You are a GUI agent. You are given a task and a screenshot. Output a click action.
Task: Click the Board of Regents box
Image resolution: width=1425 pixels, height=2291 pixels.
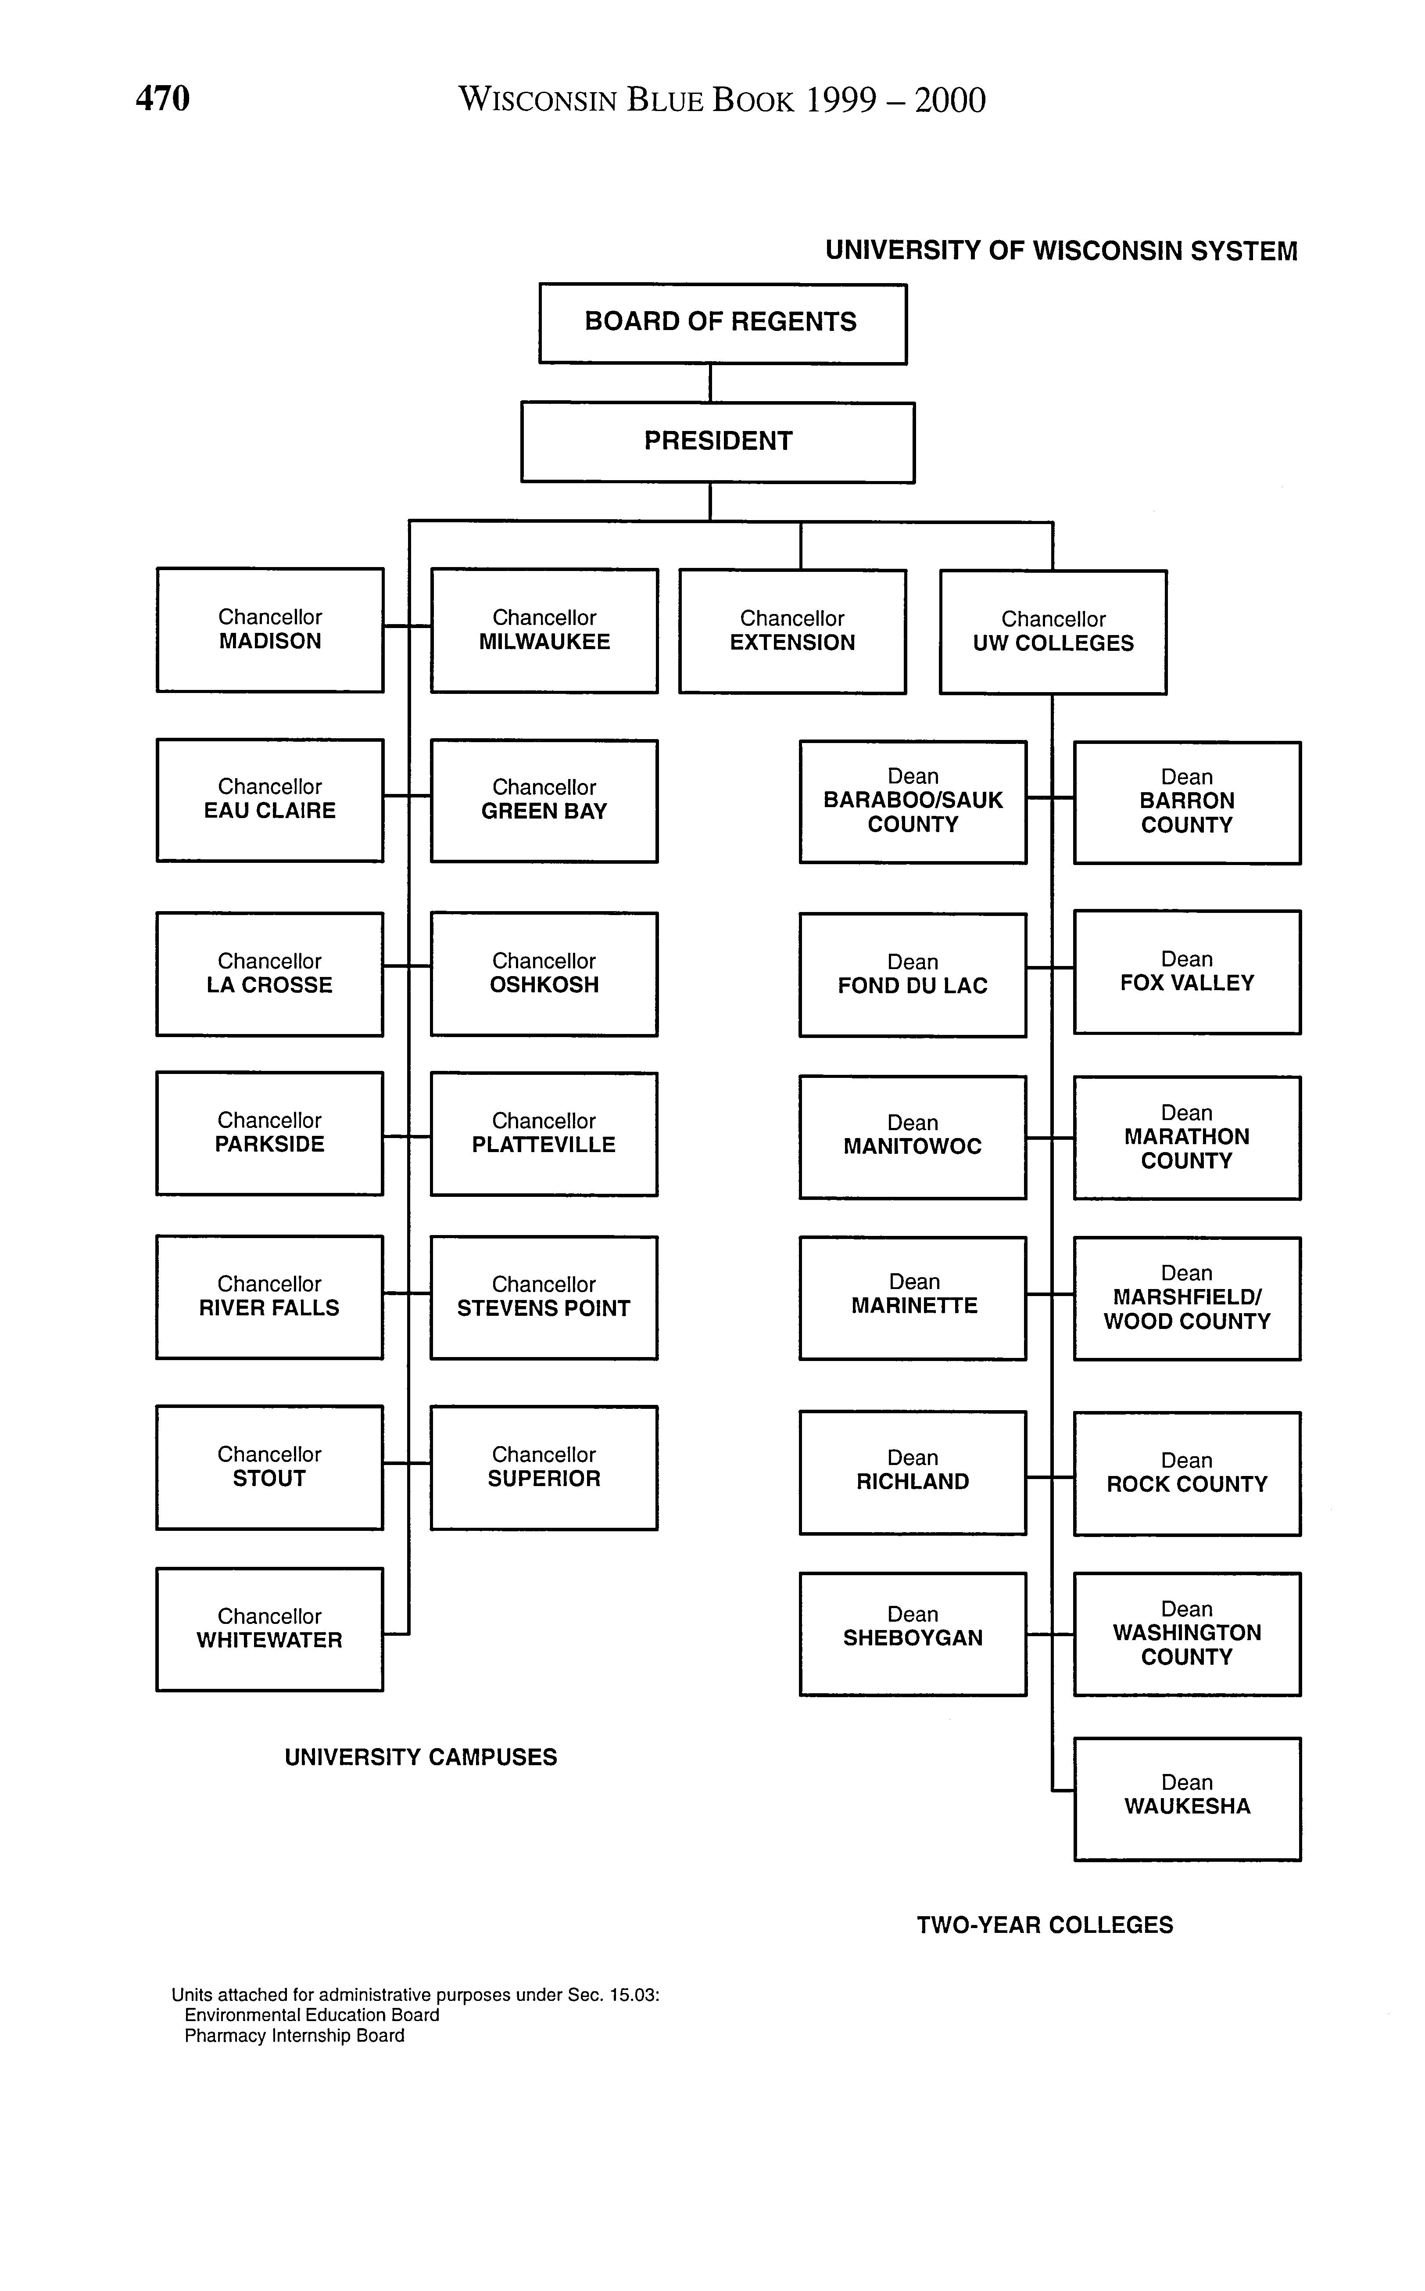tap(722, 323)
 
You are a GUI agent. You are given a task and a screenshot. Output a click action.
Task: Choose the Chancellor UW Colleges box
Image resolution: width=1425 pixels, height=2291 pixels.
tap(1053, 632)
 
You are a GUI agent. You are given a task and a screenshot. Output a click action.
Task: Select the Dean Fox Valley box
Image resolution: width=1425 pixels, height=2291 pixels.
tap(1187, 972)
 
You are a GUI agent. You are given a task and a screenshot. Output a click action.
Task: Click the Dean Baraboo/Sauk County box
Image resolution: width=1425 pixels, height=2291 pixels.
tap(912, 801)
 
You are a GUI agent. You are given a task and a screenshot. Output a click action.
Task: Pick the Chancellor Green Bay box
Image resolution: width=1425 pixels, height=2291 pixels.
tap(544, 801)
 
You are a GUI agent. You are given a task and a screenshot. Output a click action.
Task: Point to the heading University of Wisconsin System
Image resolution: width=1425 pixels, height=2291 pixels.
tap(1061, 251)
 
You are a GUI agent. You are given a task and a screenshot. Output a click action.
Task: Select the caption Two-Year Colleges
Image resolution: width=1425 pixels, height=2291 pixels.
tap(1044, 1924)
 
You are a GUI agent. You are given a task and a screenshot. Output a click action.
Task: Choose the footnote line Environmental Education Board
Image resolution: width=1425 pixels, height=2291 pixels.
tap(312, 2015)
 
